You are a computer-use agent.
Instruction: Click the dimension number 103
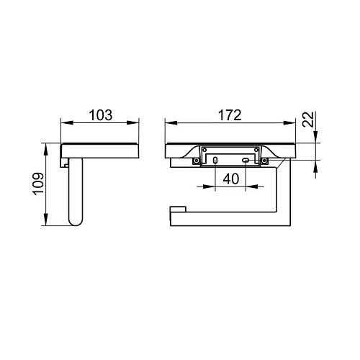click(x=101, y=115)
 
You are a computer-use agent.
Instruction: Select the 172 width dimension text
click(x=230, y=115)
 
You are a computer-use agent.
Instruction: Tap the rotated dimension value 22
click(x=308, y=120)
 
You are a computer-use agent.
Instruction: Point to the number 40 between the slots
click(x=231, y=179)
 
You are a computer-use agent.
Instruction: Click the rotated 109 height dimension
click(x=39, y=184)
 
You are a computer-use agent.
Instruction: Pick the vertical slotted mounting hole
click(x=215, y=160)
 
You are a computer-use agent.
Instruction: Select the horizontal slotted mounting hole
click(x=246, y=160)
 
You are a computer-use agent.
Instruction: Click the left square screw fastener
click(x=197, y=161)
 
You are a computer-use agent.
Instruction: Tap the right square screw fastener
click(x=264, y=161)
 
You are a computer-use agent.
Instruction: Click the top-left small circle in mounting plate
click(x=204, y=150)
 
